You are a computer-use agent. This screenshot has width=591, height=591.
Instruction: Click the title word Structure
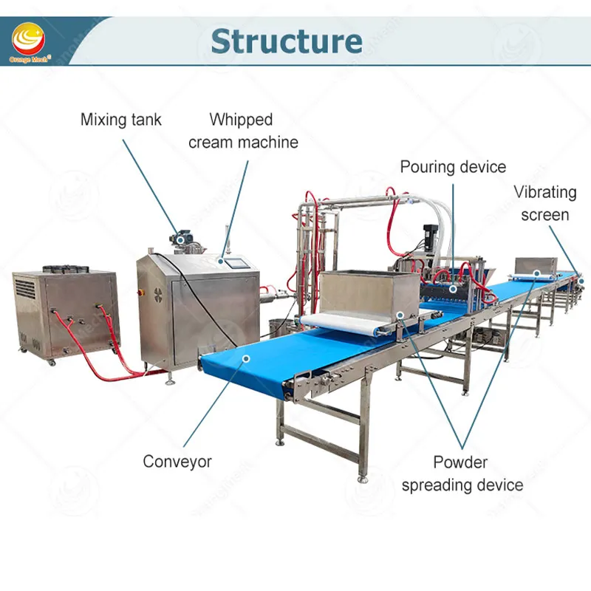click(x=286, y=41)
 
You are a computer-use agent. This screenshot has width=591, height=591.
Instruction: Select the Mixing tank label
click(x=120, y=120)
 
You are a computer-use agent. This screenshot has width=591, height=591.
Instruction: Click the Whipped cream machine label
click(x=243, y=131)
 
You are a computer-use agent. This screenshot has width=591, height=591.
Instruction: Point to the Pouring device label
click(x=453, y=166)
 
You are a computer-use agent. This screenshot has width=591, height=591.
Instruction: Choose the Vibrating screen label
click(x=545, y=203)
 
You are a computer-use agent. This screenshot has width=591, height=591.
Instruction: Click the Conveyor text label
click(x=177, y=462)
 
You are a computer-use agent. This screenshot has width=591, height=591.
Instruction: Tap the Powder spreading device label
click(x=460, y=474)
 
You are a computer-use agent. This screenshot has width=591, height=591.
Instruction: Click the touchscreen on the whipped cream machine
click(x=236, y=262)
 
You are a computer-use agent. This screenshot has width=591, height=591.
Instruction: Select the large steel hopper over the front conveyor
click(x=362, y=292)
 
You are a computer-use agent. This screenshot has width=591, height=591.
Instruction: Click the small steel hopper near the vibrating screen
click(x=535, y=266)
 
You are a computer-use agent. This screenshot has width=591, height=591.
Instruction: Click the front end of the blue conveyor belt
click(x=229, y=366)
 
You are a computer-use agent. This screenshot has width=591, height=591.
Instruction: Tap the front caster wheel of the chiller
click(x=52, y=361)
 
